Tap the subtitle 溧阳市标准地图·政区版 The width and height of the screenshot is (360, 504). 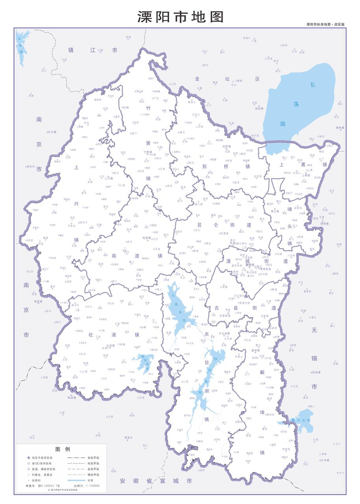(325, 24)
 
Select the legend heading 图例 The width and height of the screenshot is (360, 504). (63, 449)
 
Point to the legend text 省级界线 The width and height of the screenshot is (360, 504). (94, 457)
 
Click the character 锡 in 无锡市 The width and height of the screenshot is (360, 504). (314, 358)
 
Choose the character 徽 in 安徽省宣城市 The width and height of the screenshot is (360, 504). (136, 480)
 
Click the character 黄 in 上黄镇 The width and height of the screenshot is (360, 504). (303, 164)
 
